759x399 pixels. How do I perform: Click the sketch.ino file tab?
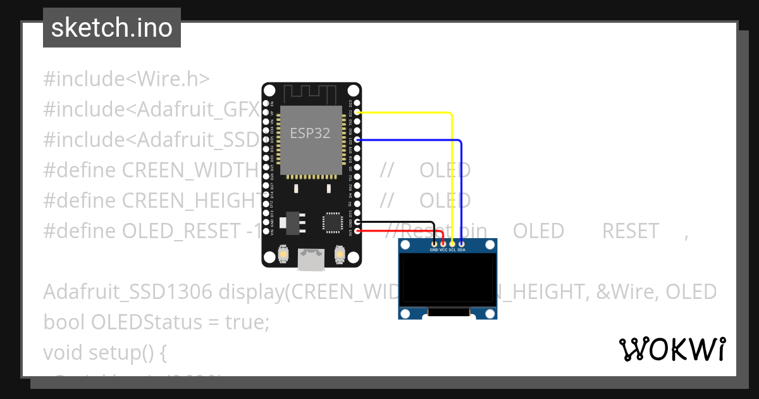point(112,28)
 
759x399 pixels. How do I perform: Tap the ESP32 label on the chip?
point(310,133)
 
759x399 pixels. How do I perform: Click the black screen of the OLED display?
point(448,279)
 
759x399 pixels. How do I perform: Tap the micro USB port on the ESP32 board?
point(311,258)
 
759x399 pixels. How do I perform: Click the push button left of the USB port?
point(283,255)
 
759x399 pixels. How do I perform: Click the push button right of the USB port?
point(340,255)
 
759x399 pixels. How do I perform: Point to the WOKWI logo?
point(672,349)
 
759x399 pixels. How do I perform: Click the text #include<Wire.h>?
point(126,79)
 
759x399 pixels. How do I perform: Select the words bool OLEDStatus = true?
point(156,322)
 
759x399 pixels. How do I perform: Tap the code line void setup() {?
point(105,351)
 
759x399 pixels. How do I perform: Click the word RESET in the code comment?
point(630,231)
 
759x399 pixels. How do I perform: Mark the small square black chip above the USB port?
point(332,222)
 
